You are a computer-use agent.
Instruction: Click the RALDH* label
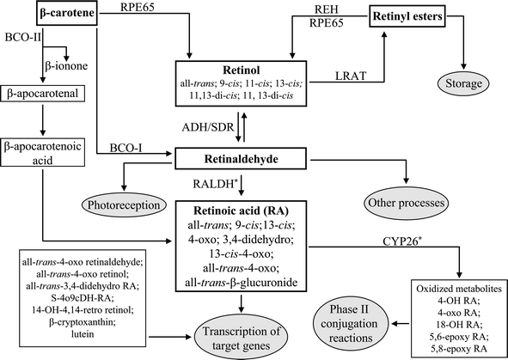tap(216, 182)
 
